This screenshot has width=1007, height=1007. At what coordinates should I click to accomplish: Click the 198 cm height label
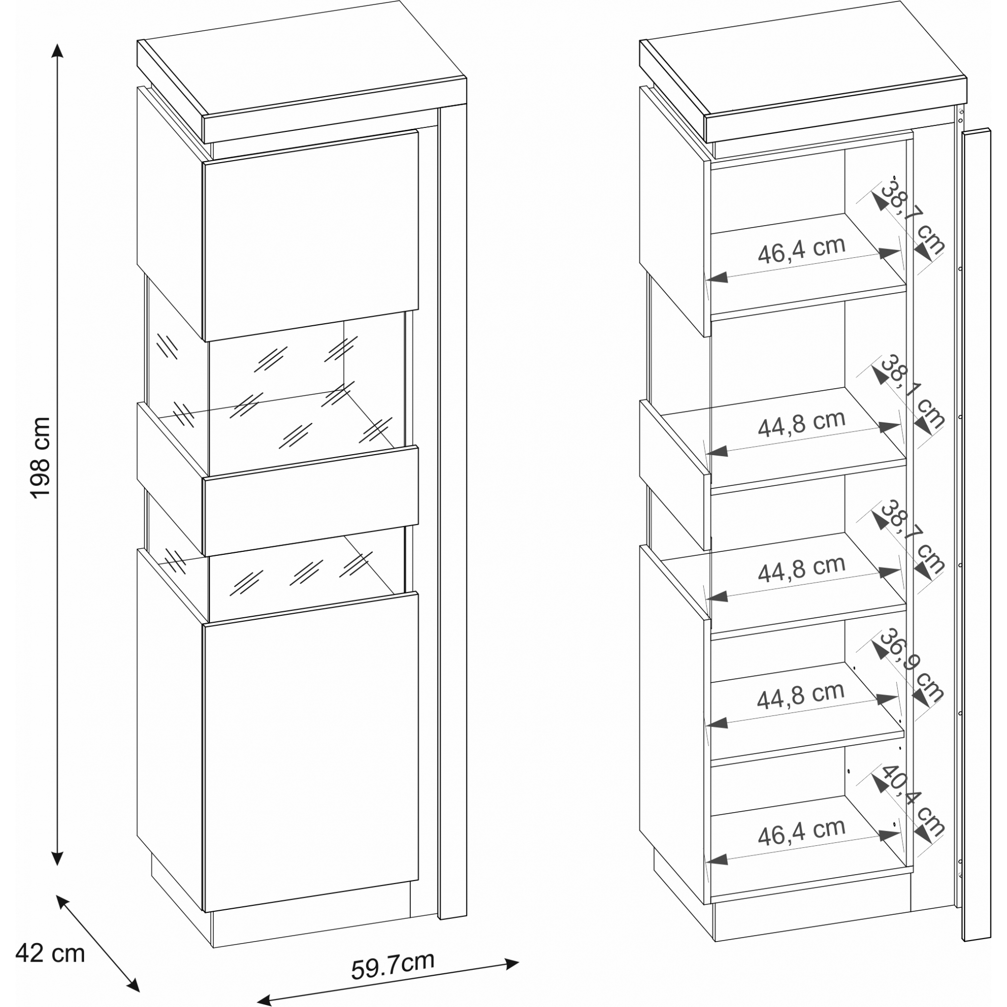pos(41,458)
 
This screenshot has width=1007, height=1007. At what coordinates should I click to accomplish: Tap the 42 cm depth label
pos(50,954)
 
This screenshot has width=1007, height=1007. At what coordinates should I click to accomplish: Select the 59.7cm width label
pos(393,965)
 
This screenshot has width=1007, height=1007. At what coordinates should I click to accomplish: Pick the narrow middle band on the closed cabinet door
pos(311,500)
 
